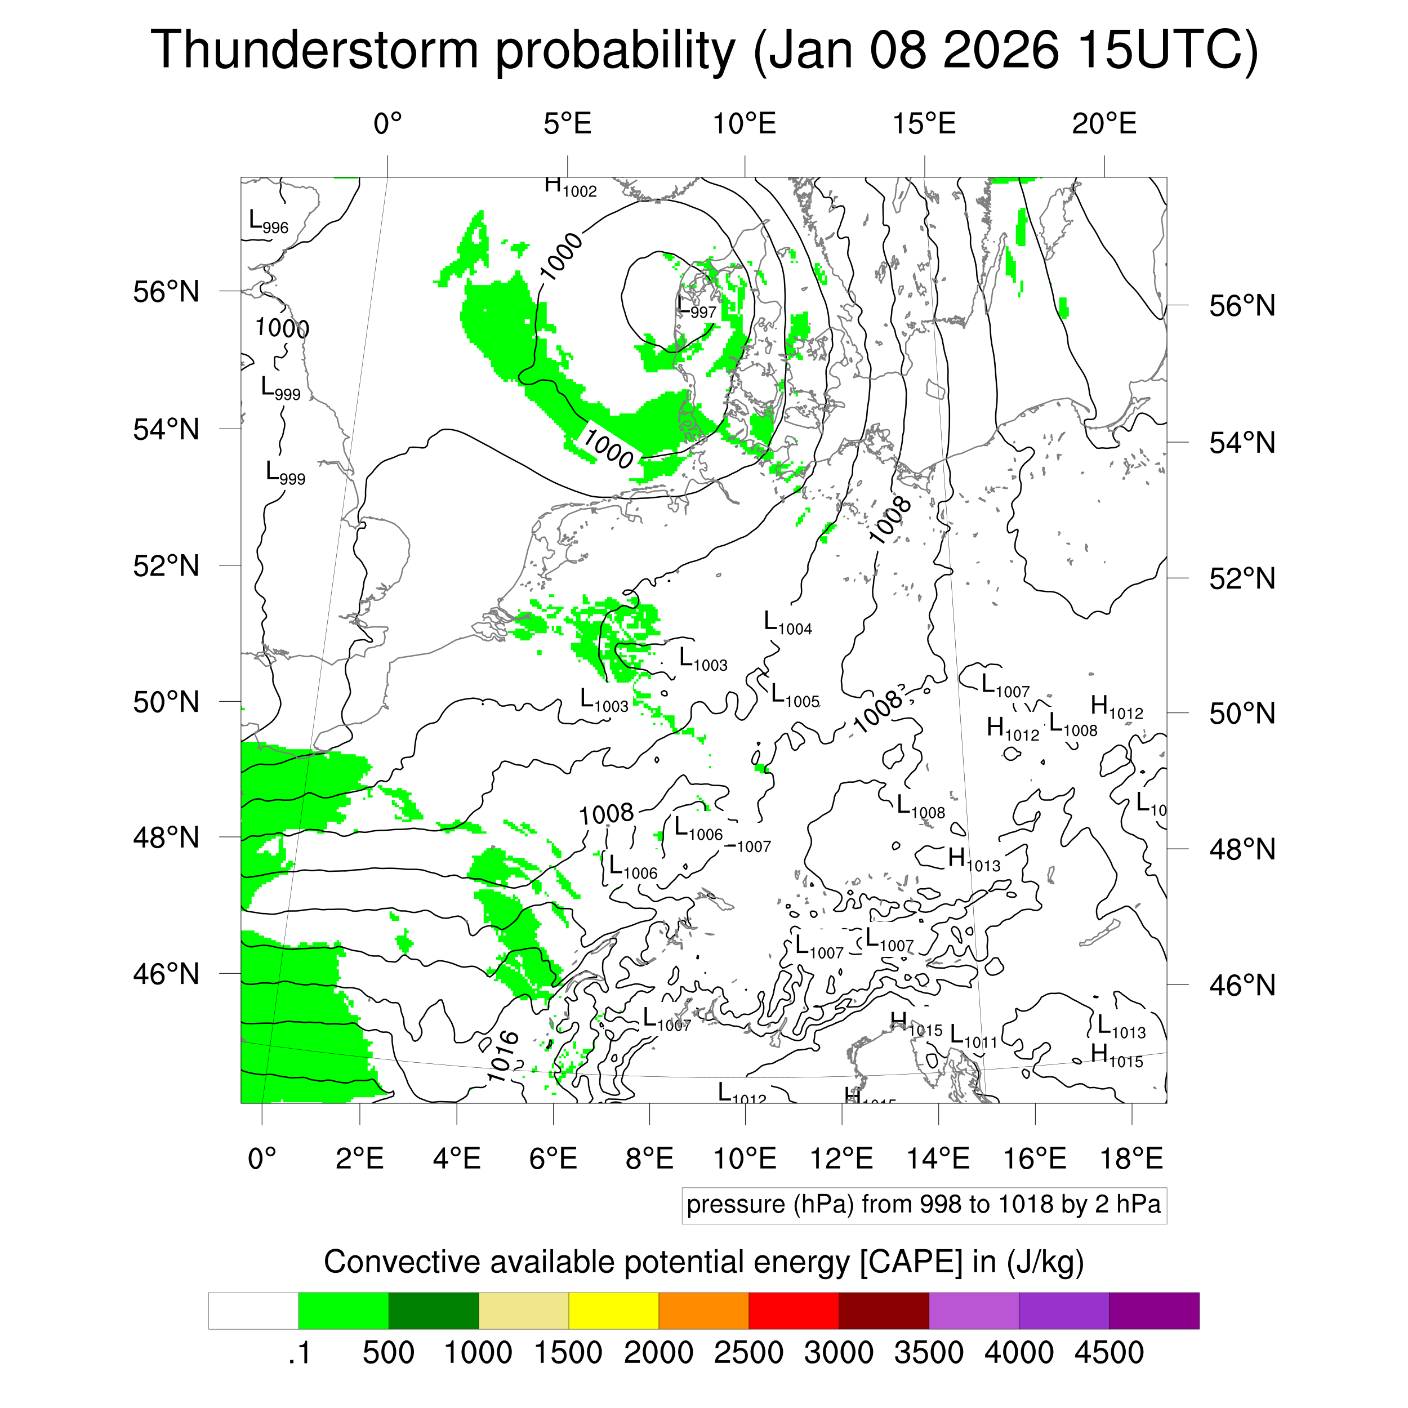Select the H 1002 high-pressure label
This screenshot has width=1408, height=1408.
(570, 186)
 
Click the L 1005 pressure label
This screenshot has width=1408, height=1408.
(794, 696)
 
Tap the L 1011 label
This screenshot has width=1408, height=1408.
(973, 1037)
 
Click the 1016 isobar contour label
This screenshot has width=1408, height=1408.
(503, 1056)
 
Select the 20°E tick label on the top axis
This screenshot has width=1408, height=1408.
(1103, 124)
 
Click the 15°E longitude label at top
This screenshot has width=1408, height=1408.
(924, 124)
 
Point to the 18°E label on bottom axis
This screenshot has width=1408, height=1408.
(1131, 1158)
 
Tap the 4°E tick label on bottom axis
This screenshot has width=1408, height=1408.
(457, 1158)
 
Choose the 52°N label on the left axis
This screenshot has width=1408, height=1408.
(166, 565)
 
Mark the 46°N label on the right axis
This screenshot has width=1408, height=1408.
(1242, 985)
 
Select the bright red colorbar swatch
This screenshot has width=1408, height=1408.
(793, 1311)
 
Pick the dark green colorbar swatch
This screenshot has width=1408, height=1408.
(433, 1311)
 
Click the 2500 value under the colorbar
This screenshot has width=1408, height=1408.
(748, 1353)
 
